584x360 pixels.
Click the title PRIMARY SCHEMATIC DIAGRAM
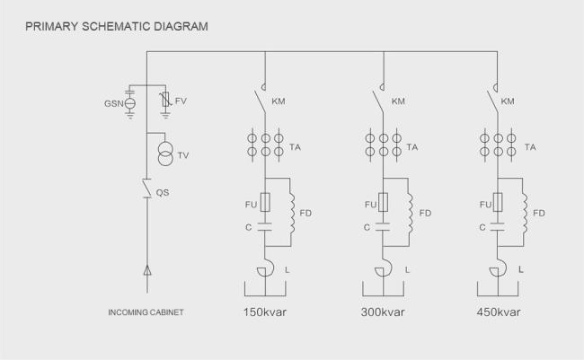117,26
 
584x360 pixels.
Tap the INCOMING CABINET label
146,312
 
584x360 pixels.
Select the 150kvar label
265,312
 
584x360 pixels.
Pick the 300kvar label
383,312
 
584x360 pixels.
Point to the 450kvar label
499,312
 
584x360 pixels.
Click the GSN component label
113,104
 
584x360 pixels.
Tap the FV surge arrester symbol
166,100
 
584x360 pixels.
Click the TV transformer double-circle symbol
165,154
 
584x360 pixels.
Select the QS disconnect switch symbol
146,188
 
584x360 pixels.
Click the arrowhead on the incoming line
147,270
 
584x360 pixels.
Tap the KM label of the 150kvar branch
279,101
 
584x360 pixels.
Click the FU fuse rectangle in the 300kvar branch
383,203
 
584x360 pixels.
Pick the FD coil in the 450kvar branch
525,213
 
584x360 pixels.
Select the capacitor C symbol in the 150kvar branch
265,227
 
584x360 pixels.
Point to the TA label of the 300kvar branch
411,147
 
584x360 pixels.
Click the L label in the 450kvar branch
521,269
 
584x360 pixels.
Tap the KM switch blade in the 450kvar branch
492,101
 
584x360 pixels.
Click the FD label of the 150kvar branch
305,214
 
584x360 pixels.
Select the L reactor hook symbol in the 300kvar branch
384,268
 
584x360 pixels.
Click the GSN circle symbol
129,103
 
